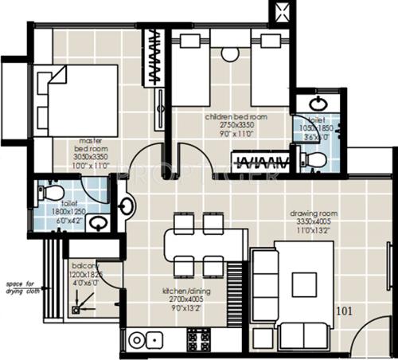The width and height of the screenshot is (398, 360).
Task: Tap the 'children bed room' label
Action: (x=236, y=116)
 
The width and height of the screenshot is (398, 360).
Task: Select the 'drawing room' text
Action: (x=314, y=214)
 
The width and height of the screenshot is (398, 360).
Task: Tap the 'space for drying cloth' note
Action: (x=21, y=288)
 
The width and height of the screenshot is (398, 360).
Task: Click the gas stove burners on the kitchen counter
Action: (x=198, y=340)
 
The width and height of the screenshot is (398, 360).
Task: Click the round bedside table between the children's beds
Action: (x=231, y=53)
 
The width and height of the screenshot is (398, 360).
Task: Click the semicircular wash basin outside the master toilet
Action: (x=125, y=208)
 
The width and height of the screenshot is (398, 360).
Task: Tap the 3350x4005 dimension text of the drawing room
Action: (x=314, y=223)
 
